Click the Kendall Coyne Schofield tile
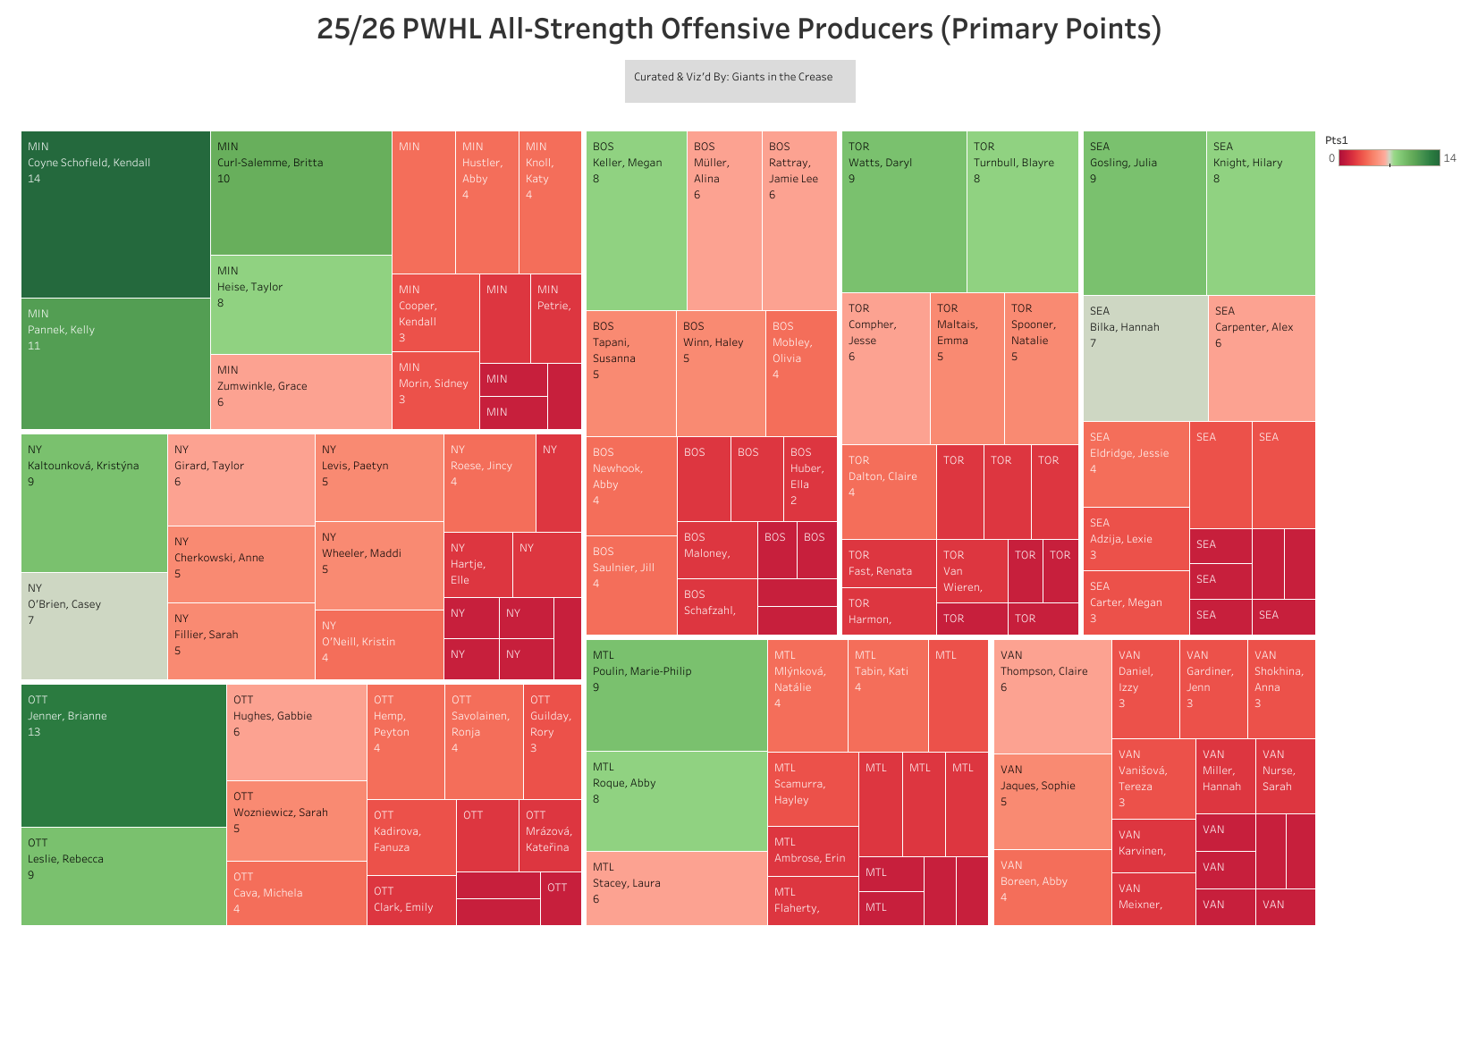pyautogui.click(x=115, y=215)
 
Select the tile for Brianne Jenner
pyautogui.click(x=123, y=755)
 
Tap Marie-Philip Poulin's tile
pyautogui.click(x=676, y=695)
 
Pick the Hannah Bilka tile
pyautogui.click(x=1144, y=358)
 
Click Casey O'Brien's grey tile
pyautogui.click(x=94, y=626)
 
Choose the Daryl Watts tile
pyautogui.click(x=903, y=212)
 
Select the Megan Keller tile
pyautogui.click(x=636, y=221)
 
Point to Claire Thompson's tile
pyautogui.click(x=1052, y=696)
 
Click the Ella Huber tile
pyautogui.click(x=810, y=478)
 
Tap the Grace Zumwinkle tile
pyautogui.click(x=300, y=391)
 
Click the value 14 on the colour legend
pyautogui.click(x=1449, y=158)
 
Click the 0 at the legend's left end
pyautogui.click(x=1331, y=158)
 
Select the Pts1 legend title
pyautogui.click(x=1336, y=140)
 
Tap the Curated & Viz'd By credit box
pyautogui.click(x=739, y=80)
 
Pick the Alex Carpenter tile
pyautogui.click(x=1261, y=358)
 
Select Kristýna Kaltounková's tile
pyautogui.click(x=94, y=502)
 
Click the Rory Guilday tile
pyautogui.click(x=552, y=741)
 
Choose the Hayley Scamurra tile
pyautogui.click(x=812, y=789)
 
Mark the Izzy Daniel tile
pyautogui.click(x=1144, y=688)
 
